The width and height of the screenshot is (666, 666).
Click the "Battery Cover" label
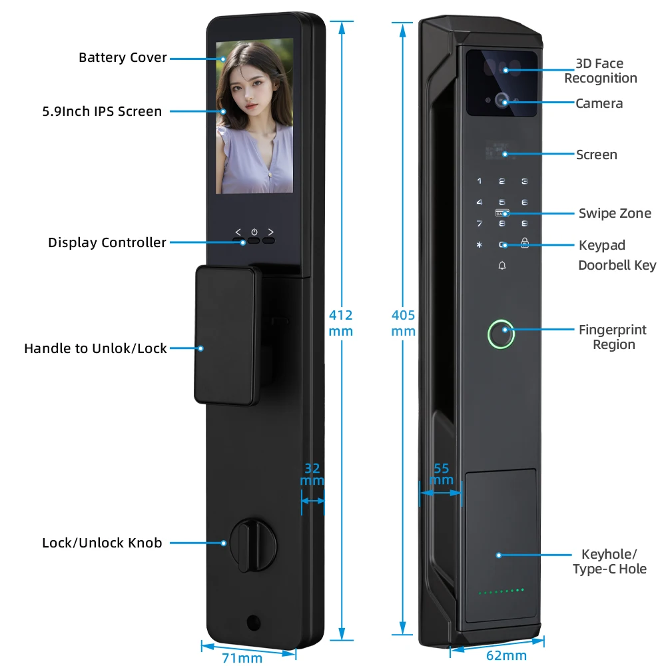pos(123,58)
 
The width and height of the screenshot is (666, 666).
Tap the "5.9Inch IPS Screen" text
pos(102,111)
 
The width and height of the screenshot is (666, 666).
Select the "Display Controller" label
pos(107,242)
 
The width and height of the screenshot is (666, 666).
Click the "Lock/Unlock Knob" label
pos(102,543)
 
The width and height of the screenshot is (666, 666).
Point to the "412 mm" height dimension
pos(341,323)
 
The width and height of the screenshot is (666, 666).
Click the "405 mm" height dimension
pos(403,323)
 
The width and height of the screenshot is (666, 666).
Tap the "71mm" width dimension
pos(242,658)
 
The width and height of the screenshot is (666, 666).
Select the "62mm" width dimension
pos(506,655)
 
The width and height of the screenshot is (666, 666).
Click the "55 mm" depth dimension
pos(441,474)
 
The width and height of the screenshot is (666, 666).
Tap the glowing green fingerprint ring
pos(501,335)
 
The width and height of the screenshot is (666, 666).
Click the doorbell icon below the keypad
pos(502,266)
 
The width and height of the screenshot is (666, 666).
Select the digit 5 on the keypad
pos(502,202)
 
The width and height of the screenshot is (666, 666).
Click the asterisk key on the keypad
pos(479,245)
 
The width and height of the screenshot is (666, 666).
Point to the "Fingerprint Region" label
pos(613,337)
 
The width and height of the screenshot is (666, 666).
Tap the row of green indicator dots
pos(501,591)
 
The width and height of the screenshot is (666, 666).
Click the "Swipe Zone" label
pos(615,213)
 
